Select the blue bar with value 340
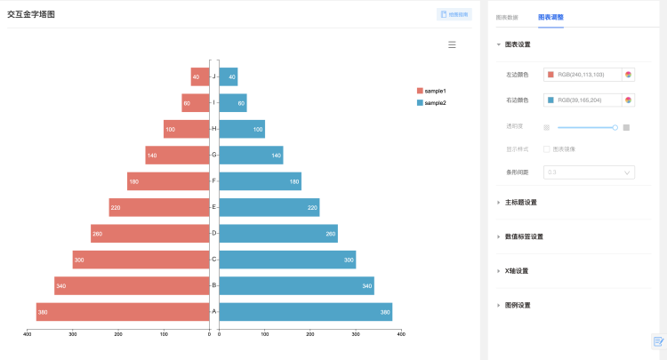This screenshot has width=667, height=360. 296,286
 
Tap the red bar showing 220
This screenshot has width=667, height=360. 159,207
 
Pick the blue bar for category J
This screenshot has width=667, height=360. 228,77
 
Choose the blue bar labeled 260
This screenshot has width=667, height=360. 278,234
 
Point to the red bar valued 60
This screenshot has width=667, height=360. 195,103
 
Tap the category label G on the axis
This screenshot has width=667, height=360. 214,156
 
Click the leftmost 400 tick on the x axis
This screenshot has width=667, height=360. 28,334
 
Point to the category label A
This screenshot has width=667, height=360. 214,312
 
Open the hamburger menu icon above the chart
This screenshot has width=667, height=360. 452,44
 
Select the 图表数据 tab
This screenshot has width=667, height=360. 507,17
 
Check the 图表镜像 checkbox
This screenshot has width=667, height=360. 547,149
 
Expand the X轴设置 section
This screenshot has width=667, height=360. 516,271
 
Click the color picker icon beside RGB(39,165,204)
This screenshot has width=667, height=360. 629,100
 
